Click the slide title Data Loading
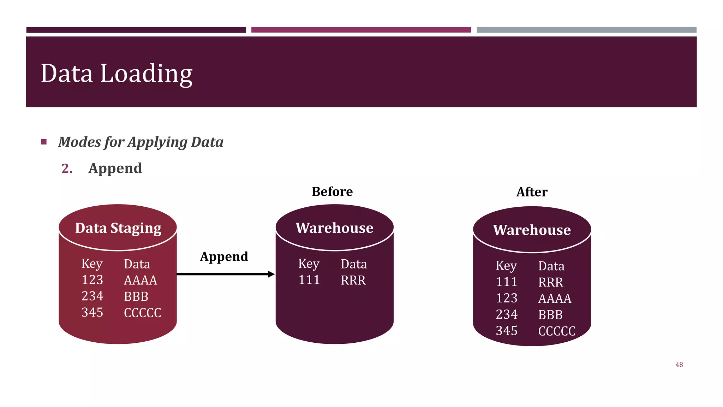tap(116, 73)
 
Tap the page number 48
tap(679, 365)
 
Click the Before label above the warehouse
tap(332, 191)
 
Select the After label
tap(532, 192)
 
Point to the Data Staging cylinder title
tap(118, 228)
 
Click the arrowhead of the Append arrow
tap(271, 274)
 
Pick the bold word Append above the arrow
tap(224, 256)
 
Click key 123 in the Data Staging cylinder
tap(92, 280)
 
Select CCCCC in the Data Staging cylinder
tap(142, 313)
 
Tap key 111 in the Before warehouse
tap(309, 280)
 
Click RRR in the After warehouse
tap(550, 282)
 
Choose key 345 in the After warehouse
tap(507, 331)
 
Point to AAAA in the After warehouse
tap(555, 299)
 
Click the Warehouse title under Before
tap(334, 228)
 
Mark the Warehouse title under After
tap(532, 230)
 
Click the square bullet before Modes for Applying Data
tap(44, 142)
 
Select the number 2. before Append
tap(67, 169)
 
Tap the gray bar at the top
tap(586, 30)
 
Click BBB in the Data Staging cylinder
tap(136, 296)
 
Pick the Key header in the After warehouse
tap(506, 266)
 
